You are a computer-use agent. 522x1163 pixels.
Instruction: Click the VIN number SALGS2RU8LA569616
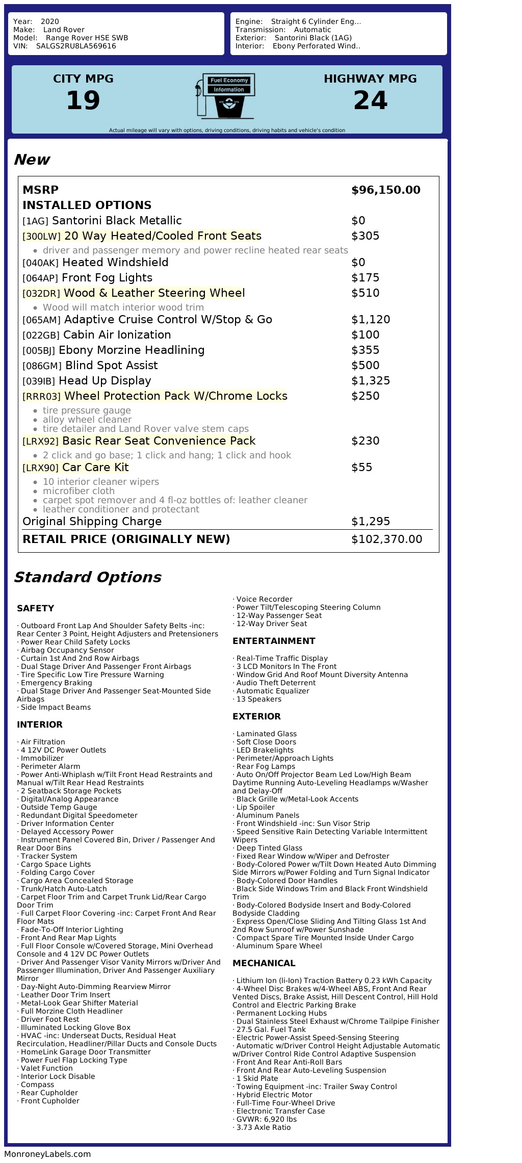tap(76, 46)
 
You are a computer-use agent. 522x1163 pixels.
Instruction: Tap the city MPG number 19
tap(83, 100)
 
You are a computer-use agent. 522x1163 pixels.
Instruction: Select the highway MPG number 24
tap(370, 100)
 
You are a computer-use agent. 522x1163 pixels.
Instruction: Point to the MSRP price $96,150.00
tap(385, 190)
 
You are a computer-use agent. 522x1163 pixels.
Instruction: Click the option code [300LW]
tap(41, 236)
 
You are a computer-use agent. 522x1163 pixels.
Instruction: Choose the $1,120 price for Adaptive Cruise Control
tap(371, 320)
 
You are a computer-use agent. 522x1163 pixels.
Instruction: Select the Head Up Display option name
tap(105, 381)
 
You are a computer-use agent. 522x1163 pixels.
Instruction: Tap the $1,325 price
tap(371, 381)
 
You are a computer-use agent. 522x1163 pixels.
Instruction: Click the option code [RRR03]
tap(41, 396)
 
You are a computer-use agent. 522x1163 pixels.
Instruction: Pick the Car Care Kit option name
tap(95, 468)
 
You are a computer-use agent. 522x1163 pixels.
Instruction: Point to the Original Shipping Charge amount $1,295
tap(371, 522)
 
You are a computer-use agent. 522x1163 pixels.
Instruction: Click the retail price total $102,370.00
tap(386, 539)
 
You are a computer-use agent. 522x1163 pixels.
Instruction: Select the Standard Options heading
tap(87, 577)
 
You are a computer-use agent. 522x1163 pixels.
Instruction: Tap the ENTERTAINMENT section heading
tap(274, 641)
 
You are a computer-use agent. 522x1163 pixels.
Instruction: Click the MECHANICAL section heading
tap(264, 963)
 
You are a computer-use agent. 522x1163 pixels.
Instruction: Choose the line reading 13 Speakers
tap(258, 699)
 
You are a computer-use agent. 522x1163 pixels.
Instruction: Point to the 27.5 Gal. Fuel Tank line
tap(271, 1029)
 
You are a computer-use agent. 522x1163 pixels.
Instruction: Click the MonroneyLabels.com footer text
tap(47, 1154)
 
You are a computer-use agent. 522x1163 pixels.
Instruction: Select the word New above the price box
tap(32, 160)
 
